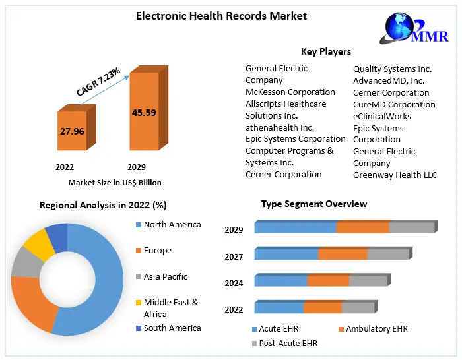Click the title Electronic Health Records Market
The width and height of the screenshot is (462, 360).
click(x=221, y=16)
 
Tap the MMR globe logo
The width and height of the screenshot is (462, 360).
click(x=405, y=28)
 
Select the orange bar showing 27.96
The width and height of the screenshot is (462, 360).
click(x=72, y=132)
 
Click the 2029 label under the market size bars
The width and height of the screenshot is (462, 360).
click(x=137, y=167)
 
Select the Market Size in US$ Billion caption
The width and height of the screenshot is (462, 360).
click(x=115, y=183)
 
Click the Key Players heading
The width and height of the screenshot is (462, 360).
click(x=326, y=51)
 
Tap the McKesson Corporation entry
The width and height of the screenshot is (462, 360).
click(x=290, y=92)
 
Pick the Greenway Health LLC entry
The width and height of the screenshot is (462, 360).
click(x=395, y=175)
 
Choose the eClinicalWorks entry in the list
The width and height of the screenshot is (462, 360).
click(x=382, y=116)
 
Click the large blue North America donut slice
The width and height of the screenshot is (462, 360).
click(x=99, y=284)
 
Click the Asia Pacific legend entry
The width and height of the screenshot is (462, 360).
click(x=165, y=277)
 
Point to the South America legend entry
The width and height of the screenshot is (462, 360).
click(x=172, y=328)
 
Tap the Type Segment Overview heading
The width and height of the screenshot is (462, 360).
click(x=314, y=204)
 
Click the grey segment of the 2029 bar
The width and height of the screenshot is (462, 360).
click(x=412, y=227)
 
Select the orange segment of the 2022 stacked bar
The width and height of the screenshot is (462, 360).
click(x=323, y=307)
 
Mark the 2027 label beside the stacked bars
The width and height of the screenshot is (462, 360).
click(x=234, y=257)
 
